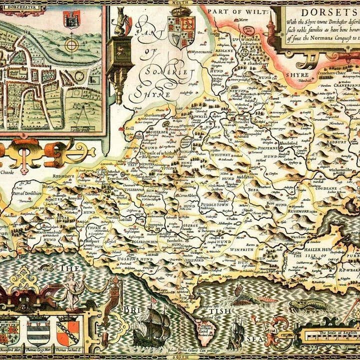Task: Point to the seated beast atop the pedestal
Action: [120, 23]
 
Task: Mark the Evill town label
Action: [130, 128]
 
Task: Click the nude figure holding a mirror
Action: [74, 290]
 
